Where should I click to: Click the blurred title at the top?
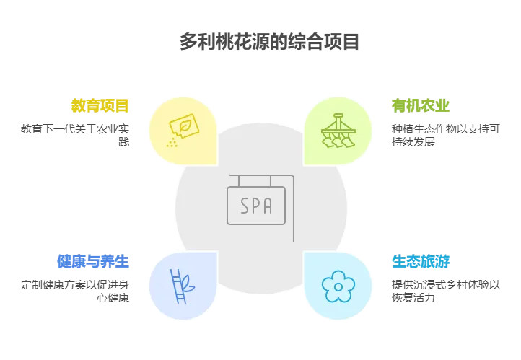(x=271, y=41)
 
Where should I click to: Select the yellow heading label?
(x=100, y=106)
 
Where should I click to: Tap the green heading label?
(x=420, y=106)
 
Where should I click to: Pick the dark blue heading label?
(x=93, y=261)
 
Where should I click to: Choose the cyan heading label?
(x=419, y=261)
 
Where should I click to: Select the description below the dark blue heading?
(x=75, y=289)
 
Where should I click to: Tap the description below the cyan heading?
(x=444, y=289)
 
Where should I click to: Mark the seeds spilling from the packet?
(x=171, y=141)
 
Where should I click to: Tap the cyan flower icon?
(x=338, y=286)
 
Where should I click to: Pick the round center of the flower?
(x=338, y=286)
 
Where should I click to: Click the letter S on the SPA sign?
(x=245, y=206)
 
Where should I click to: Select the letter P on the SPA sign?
(x=256, y=206)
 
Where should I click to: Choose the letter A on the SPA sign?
(x=268, y=206)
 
